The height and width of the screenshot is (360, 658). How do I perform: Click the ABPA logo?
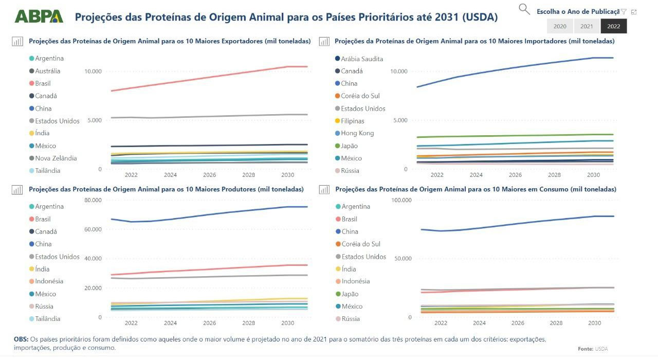39,16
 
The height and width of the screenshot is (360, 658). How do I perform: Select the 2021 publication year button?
587,26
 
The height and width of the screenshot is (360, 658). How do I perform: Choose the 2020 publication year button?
560,26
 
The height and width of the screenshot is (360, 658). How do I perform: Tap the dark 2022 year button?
613,26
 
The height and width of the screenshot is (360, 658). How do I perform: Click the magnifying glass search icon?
524,9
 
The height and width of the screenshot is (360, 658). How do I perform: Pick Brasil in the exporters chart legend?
43,83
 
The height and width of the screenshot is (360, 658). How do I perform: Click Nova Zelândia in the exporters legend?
56,158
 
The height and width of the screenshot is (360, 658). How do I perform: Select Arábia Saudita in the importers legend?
362,59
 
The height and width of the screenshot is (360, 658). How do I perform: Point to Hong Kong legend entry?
357,133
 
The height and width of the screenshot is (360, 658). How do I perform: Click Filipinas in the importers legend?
353,121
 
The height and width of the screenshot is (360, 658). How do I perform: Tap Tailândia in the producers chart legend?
48,319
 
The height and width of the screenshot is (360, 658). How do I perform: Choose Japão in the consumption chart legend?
350,294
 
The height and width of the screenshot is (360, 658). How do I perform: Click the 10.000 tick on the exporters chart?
93,71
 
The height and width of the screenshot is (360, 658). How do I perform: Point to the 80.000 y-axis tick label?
93,200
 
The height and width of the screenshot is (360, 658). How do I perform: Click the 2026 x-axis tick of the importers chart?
515,175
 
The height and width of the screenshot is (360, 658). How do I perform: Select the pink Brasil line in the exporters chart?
206,78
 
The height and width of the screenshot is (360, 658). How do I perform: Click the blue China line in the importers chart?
514,68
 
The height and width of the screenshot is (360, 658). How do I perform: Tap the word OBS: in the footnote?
22,339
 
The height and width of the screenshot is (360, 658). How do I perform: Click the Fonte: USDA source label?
592,349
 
